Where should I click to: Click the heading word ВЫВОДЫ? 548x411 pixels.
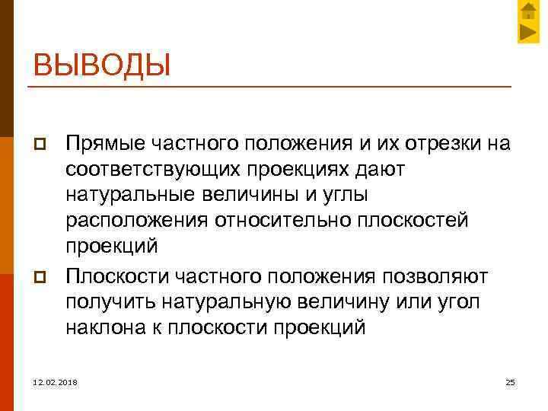pyautogui.click(x=101, y=64)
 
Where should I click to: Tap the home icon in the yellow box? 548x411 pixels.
pyautogui.click(x=528, y=11)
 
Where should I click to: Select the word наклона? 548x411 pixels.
pyautogui.click(x=99, y=327)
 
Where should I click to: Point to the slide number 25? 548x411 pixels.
pyautogui.click(x=510, y=381)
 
